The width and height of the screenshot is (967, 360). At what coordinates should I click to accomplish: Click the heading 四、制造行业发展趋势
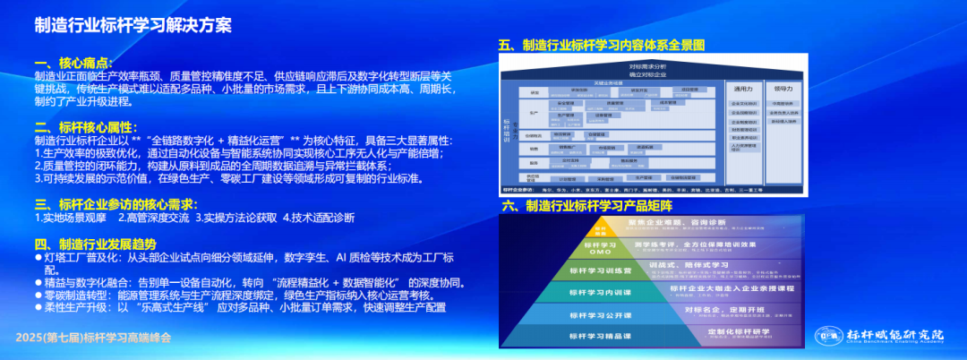[x=95, y=244]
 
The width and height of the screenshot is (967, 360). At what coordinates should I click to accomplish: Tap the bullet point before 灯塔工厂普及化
[x=38, y=257]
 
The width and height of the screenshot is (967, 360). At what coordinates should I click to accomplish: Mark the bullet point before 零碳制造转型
[x=38, y=295]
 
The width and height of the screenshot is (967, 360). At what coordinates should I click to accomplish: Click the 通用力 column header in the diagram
[x=743, y=90]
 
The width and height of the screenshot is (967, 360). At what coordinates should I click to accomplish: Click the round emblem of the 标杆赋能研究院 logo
[x=825, y=336]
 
